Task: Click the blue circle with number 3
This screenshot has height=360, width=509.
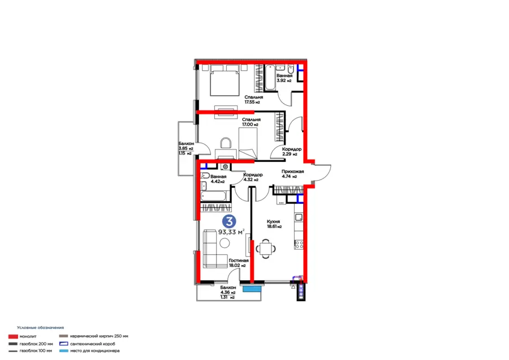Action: (229, 221)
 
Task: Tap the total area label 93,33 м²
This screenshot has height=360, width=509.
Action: (231, 232)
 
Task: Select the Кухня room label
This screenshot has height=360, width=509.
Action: (273, 221)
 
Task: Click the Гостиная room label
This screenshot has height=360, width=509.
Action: (239, 260)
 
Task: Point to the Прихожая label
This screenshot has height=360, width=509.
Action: (293, 172)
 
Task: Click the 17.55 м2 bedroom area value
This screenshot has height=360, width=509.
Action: (252, 102)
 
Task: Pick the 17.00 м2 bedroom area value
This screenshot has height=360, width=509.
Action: (250, 125)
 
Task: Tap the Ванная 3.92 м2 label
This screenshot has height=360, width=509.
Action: (284, 78)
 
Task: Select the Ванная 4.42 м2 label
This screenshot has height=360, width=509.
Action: (218, 179)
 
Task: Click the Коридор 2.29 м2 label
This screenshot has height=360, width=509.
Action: (291, 151)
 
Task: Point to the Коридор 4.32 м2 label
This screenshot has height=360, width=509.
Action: (253, 177)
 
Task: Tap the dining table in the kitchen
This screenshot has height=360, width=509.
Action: (266, 249)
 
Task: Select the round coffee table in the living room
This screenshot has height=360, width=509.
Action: (225, 243)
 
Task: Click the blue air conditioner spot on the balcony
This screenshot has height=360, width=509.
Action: (252, 289)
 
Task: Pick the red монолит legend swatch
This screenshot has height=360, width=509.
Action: (13, 337)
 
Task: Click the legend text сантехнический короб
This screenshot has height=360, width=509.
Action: (93, 344)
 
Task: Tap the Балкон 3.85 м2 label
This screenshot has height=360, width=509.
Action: (186, 146)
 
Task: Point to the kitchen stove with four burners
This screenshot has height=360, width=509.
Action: (299, 245)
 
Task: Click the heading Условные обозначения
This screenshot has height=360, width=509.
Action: (40, 328)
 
